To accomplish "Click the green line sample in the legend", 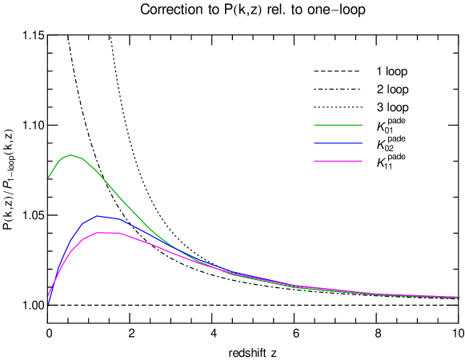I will point(338,125).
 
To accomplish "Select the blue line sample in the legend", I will point(338,143).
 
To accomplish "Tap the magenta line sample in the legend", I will point(338,161).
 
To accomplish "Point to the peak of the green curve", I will point(70,155).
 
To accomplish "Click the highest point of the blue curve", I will point(98,216).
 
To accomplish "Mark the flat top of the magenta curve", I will point(107,233).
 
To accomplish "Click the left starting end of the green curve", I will point(49,178).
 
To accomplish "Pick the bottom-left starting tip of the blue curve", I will point(49,305).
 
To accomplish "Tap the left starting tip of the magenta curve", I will point(49,295).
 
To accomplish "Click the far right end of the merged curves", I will point(457,297).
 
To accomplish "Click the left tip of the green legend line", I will point(315,125).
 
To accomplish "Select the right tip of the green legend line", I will point(362,125).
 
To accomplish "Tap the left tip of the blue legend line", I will point(315,143).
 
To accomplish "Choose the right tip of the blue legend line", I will point(362,143).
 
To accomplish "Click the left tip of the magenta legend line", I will point(315,161).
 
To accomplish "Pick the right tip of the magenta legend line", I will point(362,161).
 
